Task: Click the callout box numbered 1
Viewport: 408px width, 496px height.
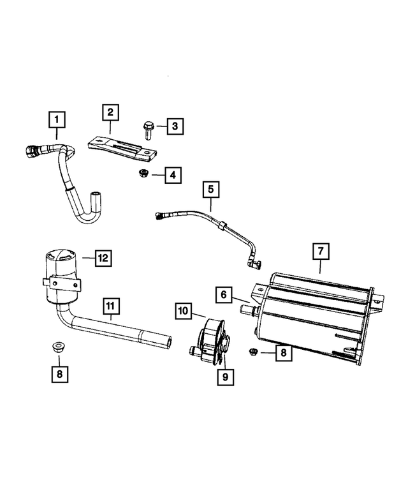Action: point(57,119)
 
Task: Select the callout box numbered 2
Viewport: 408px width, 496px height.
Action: point(110,112)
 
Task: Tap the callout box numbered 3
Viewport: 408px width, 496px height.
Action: point(175,126)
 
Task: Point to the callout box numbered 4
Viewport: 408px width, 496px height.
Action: point(173,175)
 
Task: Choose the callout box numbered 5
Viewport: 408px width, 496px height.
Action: point(211,190)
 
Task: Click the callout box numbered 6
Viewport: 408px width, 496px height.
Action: point(224,295)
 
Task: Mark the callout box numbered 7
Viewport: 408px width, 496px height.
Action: point(321,251)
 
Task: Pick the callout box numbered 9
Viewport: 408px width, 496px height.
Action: point(226,377)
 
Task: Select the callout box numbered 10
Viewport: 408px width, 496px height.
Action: point(183,311)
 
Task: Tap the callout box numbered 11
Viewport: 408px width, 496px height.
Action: point(111,306)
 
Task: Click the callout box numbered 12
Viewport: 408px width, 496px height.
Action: point(103,258)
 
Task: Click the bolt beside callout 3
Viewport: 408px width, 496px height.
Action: point(147,131)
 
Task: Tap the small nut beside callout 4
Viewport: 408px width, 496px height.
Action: point(143,174)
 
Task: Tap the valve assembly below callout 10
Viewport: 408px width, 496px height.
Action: point(210,343)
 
